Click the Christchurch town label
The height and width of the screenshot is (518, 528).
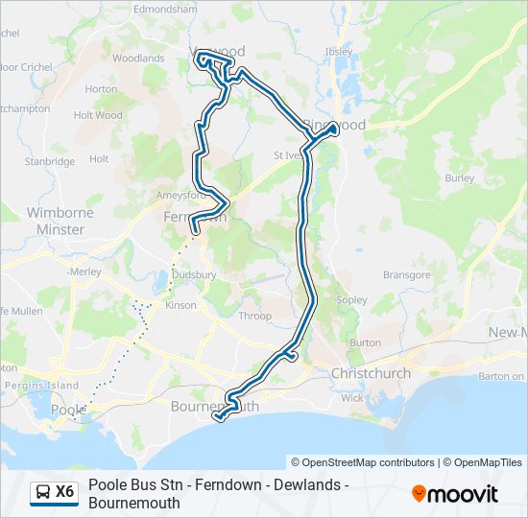(x=371, y=373)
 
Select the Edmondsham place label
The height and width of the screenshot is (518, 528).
(x=166, y=9)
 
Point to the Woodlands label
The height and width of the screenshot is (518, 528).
(x=138, y=59)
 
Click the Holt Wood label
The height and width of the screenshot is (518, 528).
(x=98, y=115)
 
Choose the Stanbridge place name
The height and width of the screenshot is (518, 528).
(x=50, y=162)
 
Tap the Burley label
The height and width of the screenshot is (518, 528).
(x=460, y=178)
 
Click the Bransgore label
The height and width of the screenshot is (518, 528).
(x=407, y=275)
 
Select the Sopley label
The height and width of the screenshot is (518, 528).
(x=352, y=300)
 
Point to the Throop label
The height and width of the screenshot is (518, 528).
(x=255, y=316)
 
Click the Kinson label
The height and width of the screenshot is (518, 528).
(x=180, y=306)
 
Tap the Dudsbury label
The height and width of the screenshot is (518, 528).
(x=194, y=274)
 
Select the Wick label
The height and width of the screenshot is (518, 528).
(x=352, y=397)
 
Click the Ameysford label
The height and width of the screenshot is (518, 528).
(x=176, y=196)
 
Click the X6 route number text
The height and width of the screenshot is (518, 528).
(x=65, y=492)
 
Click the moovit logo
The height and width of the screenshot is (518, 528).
(x=455, y=494)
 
